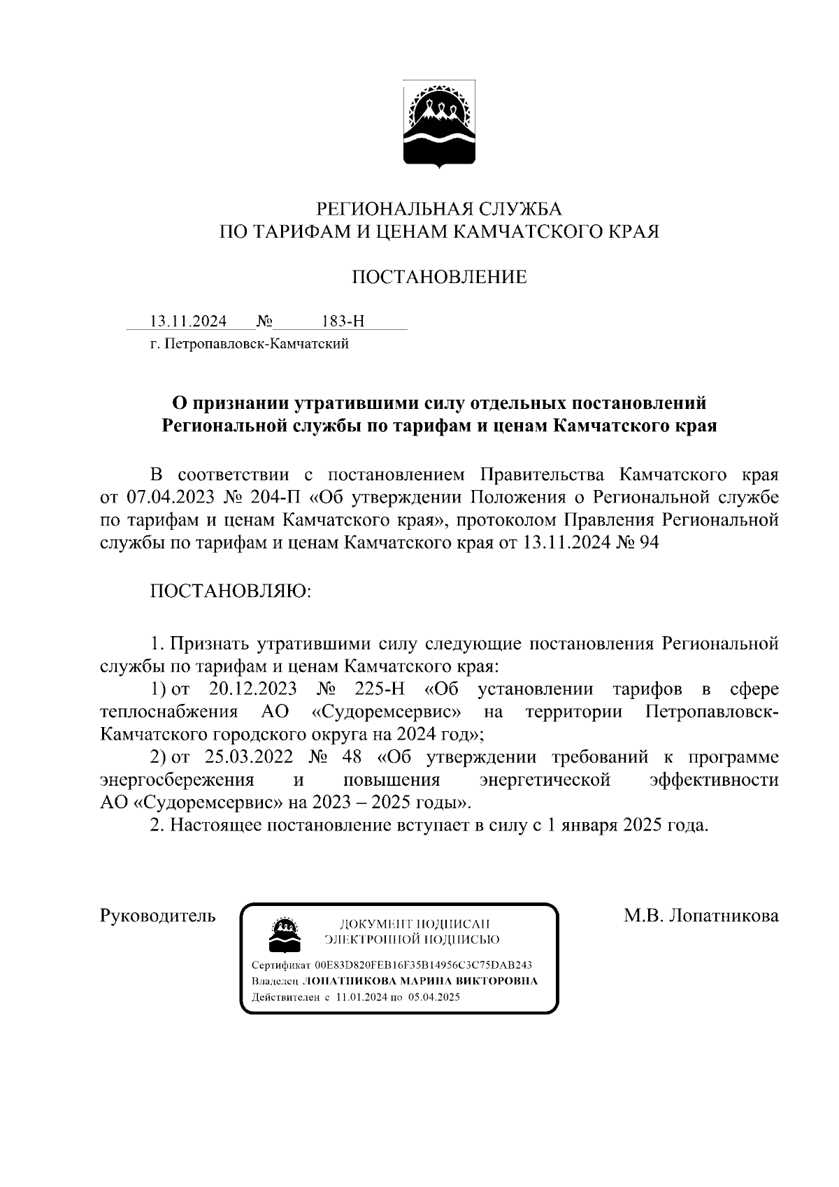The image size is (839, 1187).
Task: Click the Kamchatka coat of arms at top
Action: click(x=439, y=124)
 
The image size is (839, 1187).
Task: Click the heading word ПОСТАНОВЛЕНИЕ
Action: click(x=438, y=278)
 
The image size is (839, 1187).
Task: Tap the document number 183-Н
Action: click(x=343, y=322)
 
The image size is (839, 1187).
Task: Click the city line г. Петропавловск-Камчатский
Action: click(x=250, y=344)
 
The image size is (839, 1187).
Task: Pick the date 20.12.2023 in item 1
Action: click(x=252, y=689)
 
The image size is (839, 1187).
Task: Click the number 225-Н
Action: click(x=380, y=689)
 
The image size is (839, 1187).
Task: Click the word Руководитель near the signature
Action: click(x=158, y=916)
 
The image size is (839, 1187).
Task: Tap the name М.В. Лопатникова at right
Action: click(x=701, y=916)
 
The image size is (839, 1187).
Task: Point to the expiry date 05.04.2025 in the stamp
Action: click(x=433, y=998)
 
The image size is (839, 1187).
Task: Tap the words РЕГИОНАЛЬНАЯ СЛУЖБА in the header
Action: click(x=439, y=208)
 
